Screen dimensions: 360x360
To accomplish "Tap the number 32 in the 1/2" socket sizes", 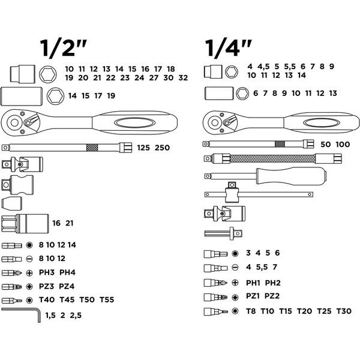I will [x=183, y=78].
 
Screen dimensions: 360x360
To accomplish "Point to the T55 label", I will [x=107, y=299].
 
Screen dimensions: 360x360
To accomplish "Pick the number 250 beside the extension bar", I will [x=162, y=148].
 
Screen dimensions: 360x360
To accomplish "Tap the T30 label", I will [x=344, y=311].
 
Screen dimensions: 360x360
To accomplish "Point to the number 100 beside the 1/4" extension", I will [x=343, y=144].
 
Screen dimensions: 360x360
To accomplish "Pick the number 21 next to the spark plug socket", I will [x=69, y=223].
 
